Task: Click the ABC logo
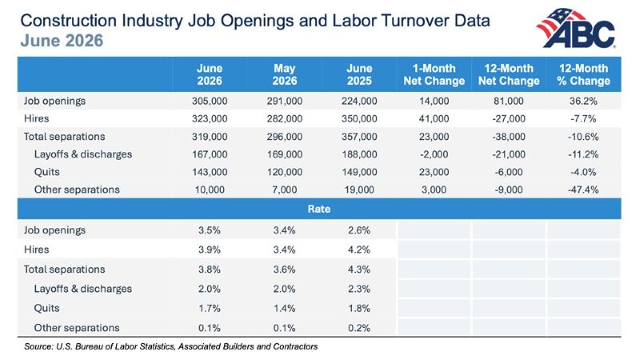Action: [x=576, y=28]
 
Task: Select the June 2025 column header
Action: [x=359, y=74]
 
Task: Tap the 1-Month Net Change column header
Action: [x=434, y=74]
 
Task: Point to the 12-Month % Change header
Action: [x=583, y=74]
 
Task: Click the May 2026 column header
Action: [x=285, y=74]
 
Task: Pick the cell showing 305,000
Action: [x=210, y=101]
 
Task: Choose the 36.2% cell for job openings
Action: [x=583, y=101]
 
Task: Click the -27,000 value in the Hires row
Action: [x=509, y=118]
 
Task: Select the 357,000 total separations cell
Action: [x=359, y=136]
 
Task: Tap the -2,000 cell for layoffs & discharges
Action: [x=434, y=154]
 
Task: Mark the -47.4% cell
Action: [x=583, y=190]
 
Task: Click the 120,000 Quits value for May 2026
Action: [x=285, y=172]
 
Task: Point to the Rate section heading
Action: [x=318, y=209]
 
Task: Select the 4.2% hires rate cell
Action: [x=359, y=250]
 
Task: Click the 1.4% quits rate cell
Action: [x=285, y=308]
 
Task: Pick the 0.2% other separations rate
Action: [x=359, y=328]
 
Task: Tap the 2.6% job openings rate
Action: [x=359, y=230]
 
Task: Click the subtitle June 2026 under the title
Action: [x=62, y=41]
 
